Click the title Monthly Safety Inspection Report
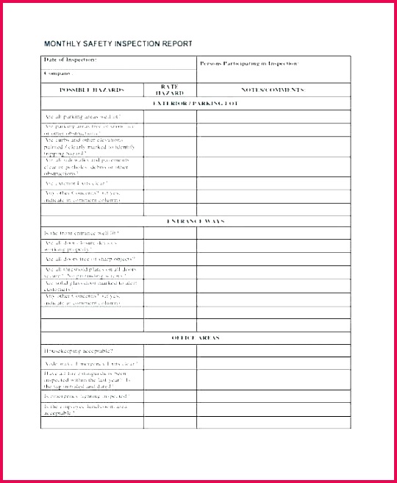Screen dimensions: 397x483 click(118, 44)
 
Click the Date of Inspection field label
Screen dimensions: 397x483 click(71, 60)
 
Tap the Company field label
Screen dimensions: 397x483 click(59, 74)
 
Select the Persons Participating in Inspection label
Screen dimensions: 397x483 click(249, 64)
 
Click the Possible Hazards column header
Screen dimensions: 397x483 click(92, 90)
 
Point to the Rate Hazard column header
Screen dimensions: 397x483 click(170, 90)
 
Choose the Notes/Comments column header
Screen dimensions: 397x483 click(273, 90)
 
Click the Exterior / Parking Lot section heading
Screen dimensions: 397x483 click(196, 104)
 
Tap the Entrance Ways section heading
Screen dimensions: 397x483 click(196, 221)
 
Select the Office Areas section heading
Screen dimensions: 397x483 click(196, 337)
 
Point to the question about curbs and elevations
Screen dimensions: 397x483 click(87, 146)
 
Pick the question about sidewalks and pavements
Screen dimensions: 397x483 click(87, 166)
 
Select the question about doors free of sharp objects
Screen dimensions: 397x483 click(90, 260)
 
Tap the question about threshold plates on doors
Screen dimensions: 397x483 click(90, 273)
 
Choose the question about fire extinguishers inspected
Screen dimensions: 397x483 click(90, 379)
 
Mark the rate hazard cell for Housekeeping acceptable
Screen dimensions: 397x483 click(170, 351)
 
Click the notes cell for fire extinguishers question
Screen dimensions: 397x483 click(273, 379)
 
